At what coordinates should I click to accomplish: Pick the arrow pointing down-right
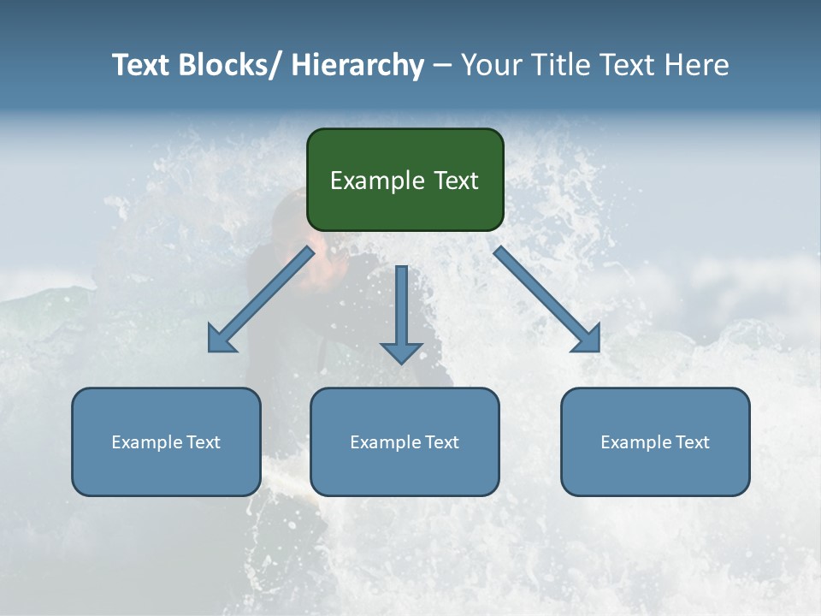tap(547, 300)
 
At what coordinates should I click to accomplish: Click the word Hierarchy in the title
tap(357, 65)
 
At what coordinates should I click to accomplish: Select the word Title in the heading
tap(561, 65)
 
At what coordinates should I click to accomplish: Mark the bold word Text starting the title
tap(142, 65)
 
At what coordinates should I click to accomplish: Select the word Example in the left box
tap(145, 442)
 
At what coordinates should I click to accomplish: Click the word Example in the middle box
tap(384, 442)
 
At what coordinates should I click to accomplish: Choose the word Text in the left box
tap(202, 442)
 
